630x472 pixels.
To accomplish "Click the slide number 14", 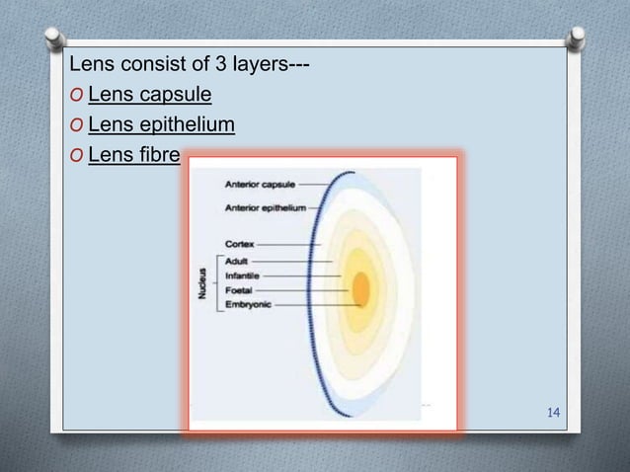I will [x=553, y=411].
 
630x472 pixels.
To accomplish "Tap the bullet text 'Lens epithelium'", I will [x=162, y=125].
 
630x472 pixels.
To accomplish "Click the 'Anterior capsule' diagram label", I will [x=260, y=184].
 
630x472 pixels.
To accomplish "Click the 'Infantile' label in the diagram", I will [x=243, y=275].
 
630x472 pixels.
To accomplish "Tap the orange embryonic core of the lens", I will [x=361, y=289].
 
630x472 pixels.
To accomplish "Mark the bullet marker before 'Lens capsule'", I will [x=77, y=97].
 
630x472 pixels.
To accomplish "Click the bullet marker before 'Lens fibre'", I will [x=77, y=155].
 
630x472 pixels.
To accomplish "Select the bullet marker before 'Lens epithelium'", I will [x=77, y=126].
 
